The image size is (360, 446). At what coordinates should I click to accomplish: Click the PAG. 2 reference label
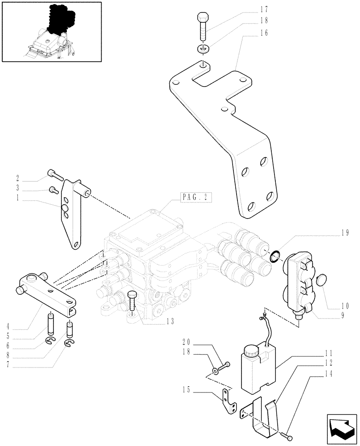196,197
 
